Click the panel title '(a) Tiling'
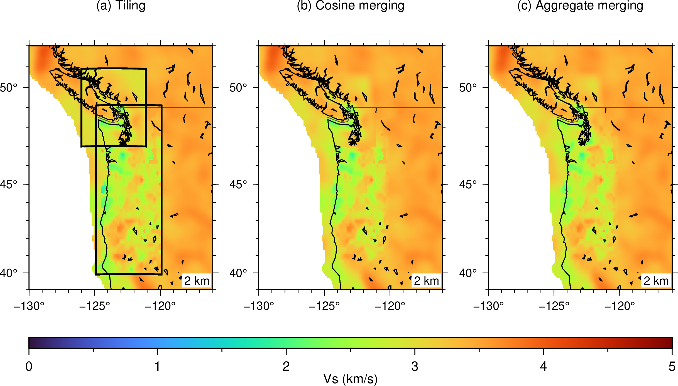121,6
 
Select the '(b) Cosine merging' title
351,6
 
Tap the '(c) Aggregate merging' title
580,6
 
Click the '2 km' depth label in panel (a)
197,281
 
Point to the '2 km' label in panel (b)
427,281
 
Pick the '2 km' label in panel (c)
656,281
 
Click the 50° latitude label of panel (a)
8,88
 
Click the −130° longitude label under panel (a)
29,306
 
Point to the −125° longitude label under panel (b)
324,306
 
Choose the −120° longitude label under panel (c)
620,306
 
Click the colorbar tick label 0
29,367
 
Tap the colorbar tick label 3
415,367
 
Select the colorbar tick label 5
672,367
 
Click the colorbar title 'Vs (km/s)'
351,379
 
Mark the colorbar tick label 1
158,367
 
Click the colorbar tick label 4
544,367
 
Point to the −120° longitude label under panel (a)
160,306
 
